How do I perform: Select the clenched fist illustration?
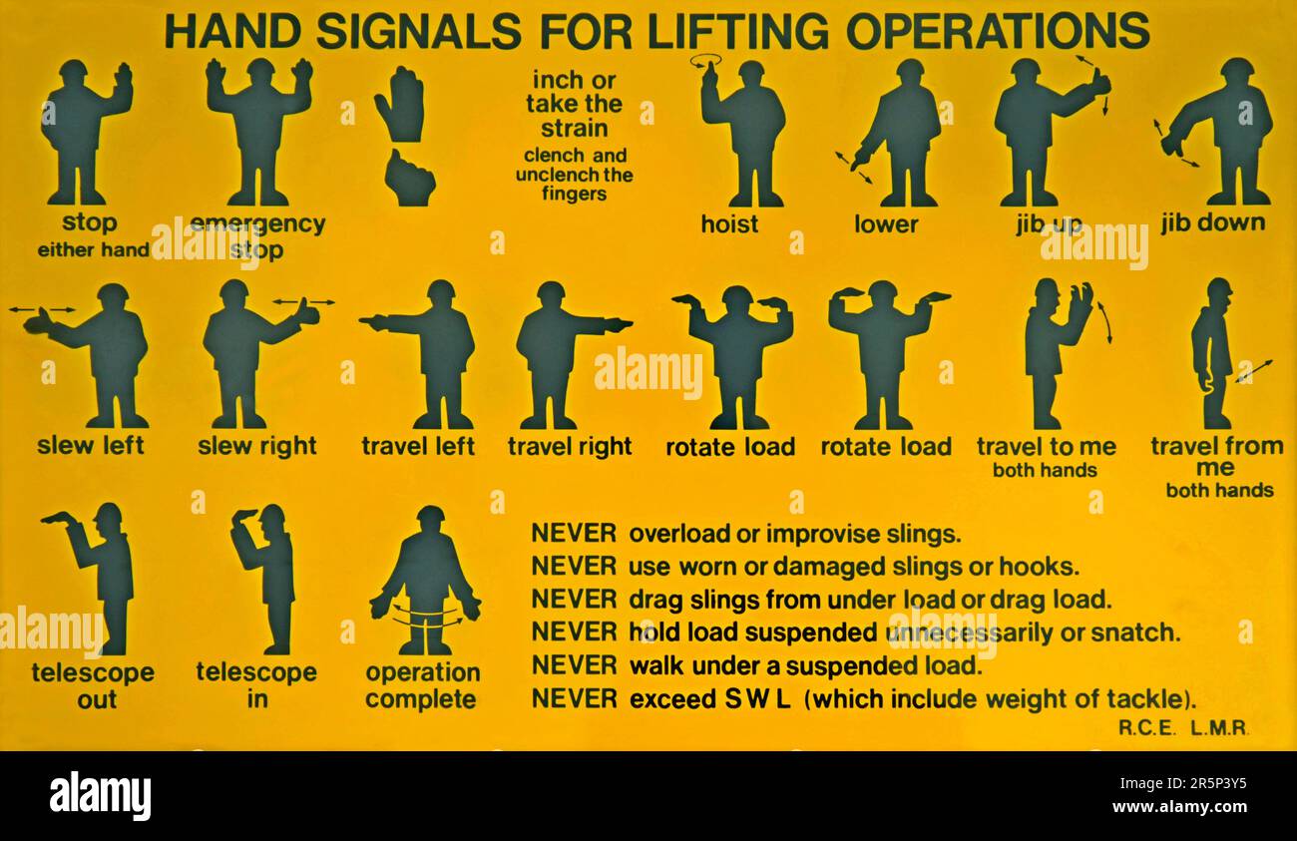(409, 178)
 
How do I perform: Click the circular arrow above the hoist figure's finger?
(705, 60)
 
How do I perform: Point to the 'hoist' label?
(729, 224)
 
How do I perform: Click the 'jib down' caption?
(1213, 222)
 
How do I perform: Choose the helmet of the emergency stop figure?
(260, 68)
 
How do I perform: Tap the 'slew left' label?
(91, 445)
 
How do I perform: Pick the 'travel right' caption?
(570, 447)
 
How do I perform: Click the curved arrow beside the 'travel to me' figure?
(1105, 321)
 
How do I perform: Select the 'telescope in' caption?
(256, 685)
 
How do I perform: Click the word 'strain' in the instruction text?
(575, 129)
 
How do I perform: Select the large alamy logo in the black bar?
(100, 796)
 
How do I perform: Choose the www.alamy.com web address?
(1180, 807)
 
